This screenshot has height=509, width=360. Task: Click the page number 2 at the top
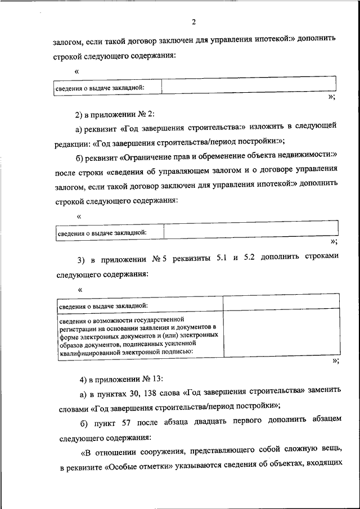[x=193, y=22]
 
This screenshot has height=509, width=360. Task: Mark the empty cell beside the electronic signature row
[x=281, y=335]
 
